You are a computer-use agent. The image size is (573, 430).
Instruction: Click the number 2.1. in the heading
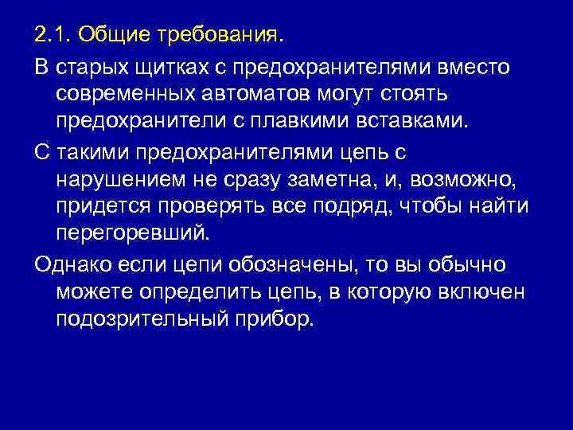tap(53, 36)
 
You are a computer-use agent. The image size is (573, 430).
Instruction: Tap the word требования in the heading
tap(219, 36)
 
